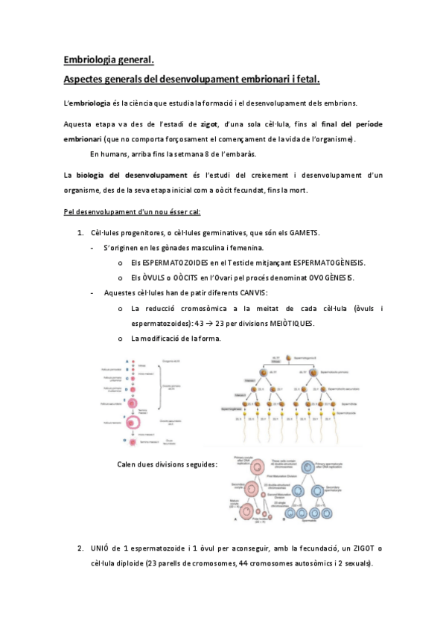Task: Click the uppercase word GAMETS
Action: (x=303, y=233)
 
